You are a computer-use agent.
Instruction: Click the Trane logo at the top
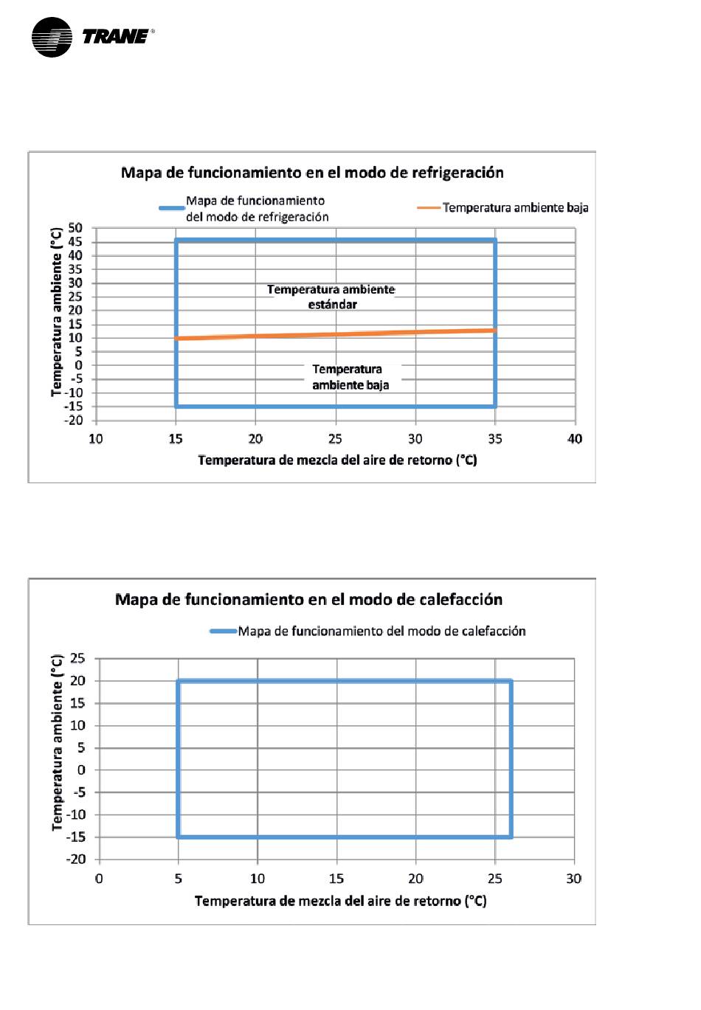93,37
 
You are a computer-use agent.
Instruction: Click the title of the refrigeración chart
312,172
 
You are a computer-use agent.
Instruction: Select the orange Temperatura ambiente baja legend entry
503,207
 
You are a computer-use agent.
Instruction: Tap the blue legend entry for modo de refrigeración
244,209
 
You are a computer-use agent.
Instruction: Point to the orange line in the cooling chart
336,334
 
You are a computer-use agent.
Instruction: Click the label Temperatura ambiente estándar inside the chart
331,297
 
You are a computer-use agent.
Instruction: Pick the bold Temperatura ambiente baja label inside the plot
350,377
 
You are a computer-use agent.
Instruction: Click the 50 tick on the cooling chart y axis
75,228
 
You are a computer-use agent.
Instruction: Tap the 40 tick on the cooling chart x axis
575,439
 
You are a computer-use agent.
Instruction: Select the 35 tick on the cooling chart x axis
495,439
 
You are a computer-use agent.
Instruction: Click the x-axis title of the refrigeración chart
337,460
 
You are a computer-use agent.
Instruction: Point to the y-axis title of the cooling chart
56,312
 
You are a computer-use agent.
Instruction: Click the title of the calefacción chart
308,599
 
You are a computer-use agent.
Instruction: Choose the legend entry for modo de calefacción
367,631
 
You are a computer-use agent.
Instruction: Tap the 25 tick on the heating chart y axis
77,658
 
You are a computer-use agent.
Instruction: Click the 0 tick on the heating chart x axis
99,879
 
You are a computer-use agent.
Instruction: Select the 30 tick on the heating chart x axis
574,879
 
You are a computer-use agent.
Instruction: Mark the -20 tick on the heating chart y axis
75,859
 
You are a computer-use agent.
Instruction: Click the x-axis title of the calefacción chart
341,901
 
